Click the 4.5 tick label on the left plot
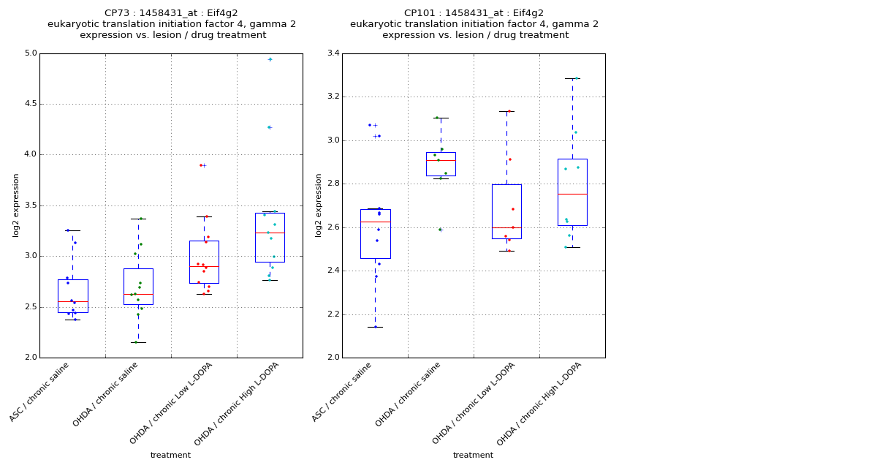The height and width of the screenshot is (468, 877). pos(29,104)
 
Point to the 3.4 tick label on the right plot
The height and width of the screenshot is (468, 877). pos(332,53)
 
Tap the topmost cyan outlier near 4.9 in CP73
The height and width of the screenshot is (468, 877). pos(270,59)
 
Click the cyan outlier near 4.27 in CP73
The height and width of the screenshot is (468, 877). pos(269,127)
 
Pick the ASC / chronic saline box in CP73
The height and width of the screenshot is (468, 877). pos(72,296)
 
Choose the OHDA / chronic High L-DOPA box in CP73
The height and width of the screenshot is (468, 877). pos(270,238)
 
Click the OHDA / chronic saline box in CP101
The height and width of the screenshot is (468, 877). pos(441,164)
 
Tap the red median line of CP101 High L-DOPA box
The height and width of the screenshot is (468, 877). pos(572,194)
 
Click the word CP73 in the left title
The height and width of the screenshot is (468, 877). pos(118,13)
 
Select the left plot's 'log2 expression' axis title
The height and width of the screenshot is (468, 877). pos(16,205)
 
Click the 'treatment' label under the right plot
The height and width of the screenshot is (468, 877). pos(473,456)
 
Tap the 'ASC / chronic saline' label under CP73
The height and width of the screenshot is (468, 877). pos(40,391)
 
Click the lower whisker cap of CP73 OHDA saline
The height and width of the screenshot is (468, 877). pos(138,342)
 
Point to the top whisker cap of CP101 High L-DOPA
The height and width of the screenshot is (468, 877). pos(572,78)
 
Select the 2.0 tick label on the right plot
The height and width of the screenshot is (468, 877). pos(332,358)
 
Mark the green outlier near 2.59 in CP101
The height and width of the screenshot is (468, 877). pos(440,230)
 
